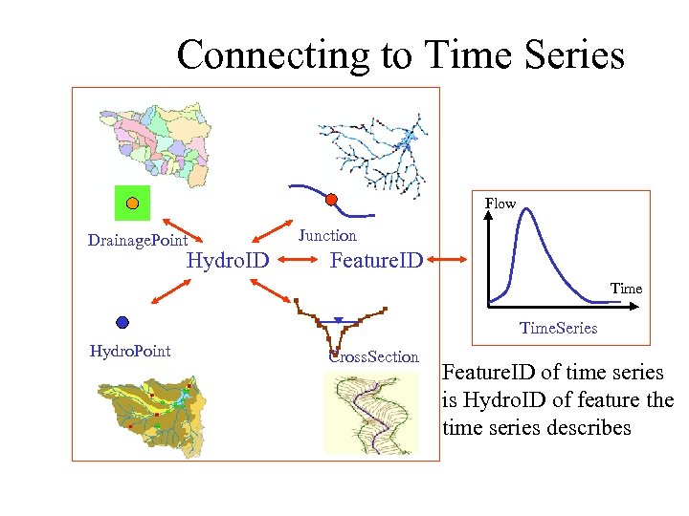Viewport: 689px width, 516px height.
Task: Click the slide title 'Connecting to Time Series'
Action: coord(400,55)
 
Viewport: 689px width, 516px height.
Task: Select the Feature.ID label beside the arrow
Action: coord(375,260)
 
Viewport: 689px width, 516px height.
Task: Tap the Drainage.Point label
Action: coord(137,240)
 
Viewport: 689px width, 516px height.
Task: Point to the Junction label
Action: coord(327,235)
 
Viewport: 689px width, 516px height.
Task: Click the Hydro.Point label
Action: coord(129,351)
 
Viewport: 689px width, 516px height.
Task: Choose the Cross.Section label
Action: coord(374,356)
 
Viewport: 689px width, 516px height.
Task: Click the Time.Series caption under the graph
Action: coord(558,328)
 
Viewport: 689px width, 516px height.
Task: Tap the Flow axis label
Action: coord(500,204)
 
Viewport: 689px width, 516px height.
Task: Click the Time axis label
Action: coord(626,288)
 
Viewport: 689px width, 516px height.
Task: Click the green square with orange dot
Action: coord(132,203)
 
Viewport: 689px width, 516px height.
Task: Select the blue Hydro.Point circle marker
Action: coord(122,322)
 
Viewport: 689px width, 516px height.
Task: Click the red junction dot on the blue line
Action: coord(331,200)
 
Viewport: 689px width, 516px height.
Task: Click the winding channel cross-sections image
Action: coord(371,413)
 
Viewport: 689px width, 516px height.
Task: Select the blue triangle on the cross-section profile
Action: coord(338,321)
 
